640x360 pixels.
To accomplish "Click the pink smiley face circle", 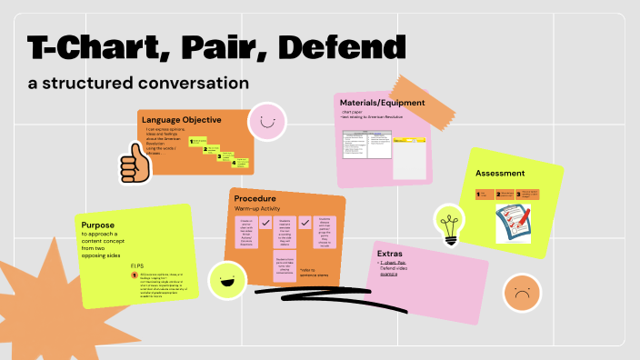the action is point(267,121).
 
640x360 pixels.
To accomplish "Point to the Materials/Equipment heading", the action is point(382,103).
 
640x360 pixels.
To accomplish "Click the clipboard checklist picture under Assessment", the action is point(513,224).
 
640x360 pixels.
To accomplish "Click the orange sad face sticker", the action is point(521,293).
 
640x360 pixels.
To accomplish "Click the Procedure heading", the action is point(255,198).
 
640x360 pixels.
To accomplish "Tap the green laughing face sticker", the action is point(226,280).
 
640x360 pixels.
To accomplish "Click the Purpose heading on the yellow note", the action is point(97,225).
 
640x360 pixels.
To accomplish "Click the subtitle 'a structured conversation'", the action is point(137,83).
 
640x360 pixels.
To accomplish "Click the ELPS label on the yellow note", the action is point(136,265).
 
